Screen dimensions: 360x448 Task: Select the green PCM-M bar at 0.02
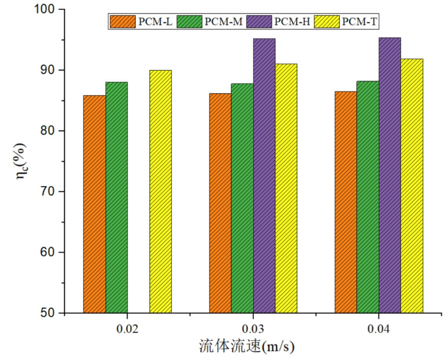click(116, 198)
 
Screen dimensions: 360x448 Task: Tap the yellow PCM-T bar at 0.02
click(161, 192)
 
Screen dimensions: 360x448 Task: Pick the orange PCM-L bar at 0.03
click(220, 203)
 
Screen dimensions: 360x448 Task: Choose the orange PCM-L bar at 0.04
click(346, 202)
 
